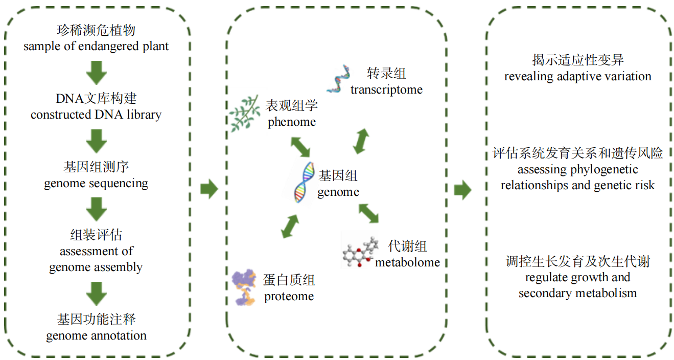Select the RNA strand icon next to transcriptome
(337, 80)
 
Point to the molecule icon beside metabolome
(359, 251)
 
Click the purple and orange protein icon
(245, 287)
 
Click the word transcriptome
(386, 89)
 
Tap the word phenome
(292, 122)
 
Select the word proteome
(289, 297)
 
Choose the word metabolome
(407, 262)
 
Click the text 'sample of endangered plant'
(96, 46)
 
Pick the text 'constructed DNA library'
(96, 115)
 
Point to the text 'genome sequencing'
(96, 183)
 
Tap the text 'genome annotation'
(96, 335)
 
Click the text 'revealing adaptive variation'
(577, 77)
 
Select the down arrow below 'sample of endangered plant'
(96, 72)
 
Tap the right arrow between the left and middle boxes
(208, 189)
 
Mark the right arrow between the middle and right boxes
(462, 189)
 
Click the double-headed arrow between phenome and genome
(300, 146)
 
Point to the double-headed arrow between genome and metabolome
(368, 213)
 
